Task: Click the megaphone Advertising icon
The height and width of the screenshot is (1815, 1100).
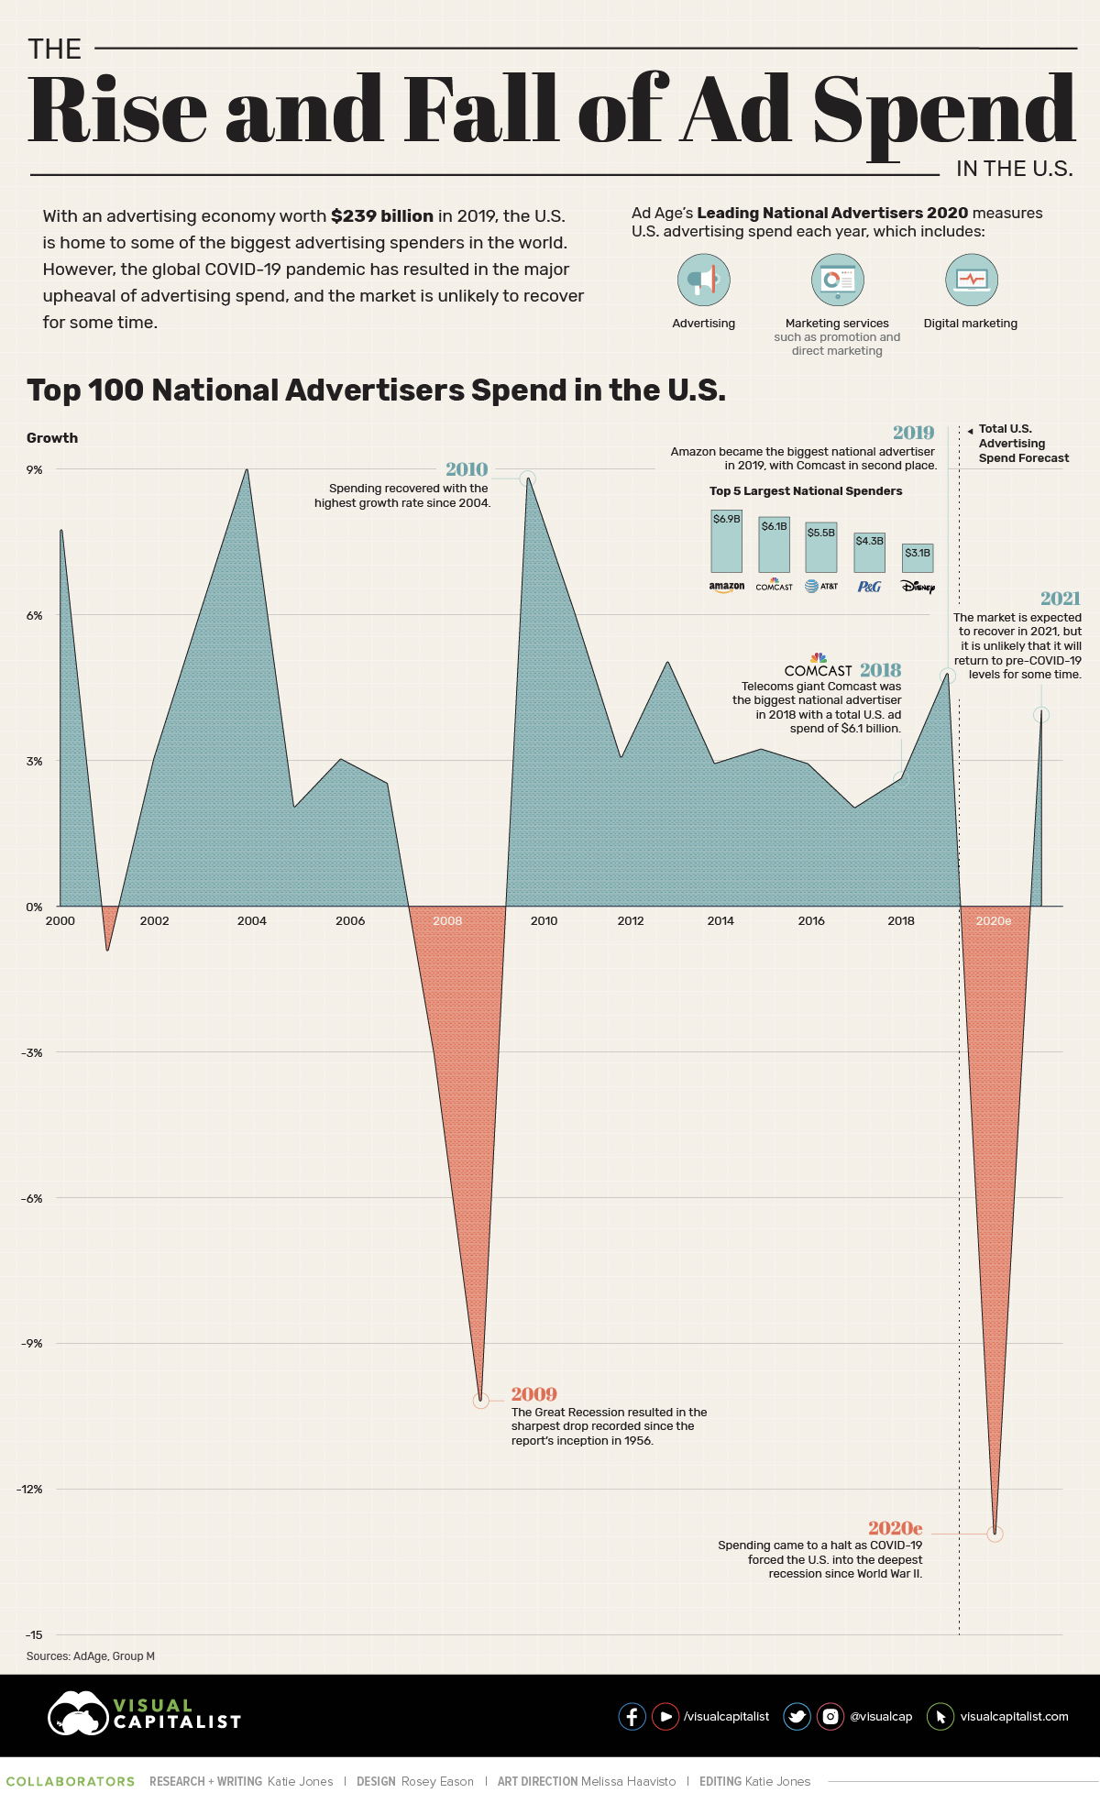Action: point(703,280)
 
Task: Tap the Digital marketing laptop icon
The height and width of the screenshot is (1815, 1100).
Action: point(971,280)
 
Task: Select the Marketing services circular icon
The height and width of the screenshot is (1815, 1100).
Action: point(837,280)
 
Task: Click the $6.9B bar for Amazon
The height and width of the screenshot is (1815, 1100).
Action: point(726,542)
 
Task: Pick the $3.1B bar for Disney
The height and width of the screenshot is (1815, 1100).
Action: point(917,557)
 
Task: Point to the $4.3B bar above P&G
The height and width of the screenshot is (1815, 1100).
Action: point(869,553)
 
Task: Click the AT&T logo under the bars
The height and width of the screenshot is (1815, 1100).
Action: point(821,587)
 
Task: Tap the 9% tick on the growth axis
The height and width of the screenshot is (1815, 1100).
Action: point(34,469)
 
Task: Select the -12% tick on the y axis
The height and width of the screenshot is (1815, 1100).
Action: point(30,1489)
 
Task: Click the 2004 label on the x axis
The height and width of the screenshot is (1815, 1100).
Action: point(252,921)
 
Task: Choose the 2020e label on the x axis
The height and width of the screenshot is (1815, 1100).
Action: point(993,921)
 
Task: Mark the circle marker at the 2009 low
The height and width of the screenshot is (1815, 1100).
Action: point(481,1401)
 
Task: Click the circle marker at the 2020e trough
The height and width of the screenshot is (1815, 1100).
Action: point(995,1534)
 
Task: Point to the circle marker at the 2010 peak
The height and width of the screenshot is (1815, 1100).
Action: point(527,478)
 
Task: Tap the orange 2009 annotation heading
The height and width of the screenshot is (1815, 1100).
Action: point(533,1394)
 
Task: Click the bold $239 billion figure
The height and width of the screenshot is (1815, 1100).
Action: point(382,216)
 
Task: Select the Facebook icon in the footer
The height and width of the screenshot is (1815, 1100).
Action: point(632,1716)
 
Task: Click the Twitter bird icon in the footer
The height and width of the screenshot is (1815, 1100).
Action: point(797,1716)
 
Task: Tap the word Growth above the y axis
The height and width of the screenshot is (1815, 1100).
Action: point(52,438)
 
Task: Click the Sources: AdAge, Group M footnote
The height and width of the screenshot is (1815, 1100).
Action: point(91,1656)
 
